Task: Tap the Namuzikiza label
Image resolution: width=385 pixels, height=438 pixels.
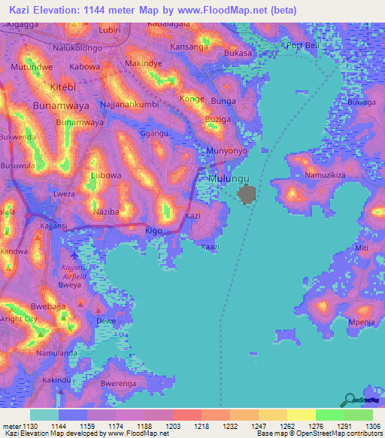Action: pos(325,175)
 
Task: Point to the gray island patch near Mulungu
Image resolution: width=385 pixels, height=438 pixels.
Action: pos(247,196)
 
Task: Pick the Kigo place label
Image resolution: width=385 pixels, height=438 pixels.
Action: pos(153,230)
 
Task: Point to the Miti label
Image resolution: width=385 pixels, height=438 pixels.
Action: pos(362,248)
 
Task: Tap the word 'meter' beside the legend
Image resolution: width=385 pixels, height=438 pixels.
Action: pos(12,426)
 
